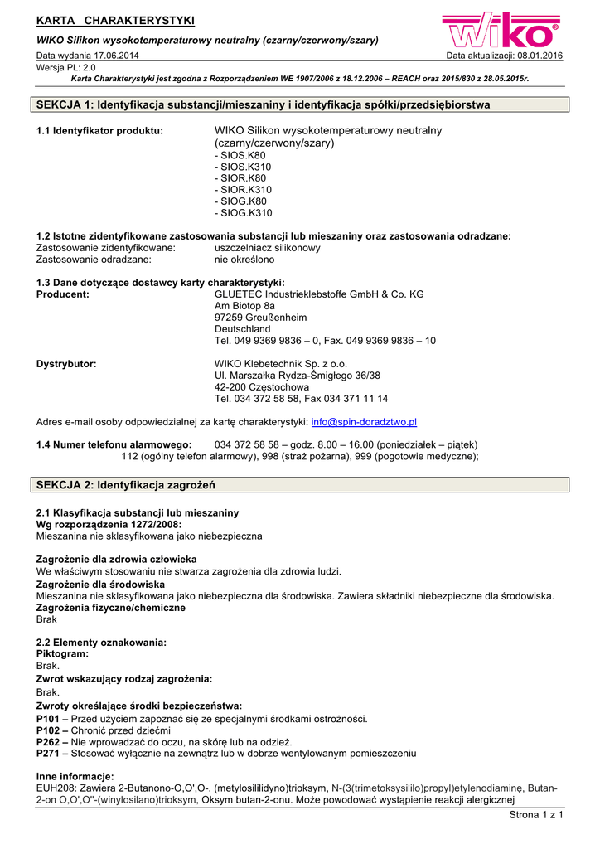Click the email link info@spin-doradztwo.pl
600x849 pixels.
click(364, 421)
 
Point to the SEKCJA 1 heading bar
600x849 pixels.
click(302, 104)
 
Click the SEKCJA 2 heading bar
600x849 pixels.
click(302, 484)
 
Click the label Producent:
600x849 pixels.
click(63, 294)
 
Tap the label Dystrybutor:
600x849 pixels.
click(66, 363)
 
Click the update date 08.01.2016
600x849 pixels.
click(540, 56)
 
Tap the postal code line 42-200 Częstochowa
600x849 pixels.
click(261, 386)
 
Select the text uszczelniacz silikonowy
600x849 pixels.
click(267, 248)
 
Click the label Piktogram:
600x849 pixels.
click(63, 653)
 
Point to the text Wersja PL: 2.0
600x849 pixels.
click(66, 67)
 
